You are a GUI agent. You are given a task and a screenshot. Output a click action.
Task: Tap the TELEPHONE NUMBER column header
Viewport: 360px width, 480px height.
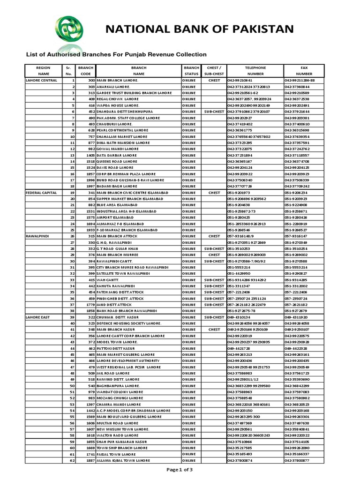(255, 71)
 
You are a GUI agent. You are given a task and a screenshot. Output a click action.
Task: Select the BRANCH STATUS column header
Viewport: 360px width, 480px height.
(191, 71)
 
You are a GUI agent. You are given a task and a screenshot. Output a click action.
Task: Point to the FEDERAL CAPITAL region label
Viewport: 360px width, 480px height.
(41, 193)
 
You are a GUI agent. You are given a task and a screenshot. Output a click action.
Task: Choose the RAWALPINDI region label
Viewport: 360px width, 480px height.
(36, 236)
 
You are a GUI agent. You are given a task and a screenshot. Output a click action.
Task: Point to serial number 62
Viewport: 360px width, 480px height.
(72, 460)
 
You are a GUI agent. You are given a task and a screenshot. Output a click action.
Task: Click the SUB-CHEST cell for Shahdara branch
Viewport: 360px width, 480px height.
(214, 112)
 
